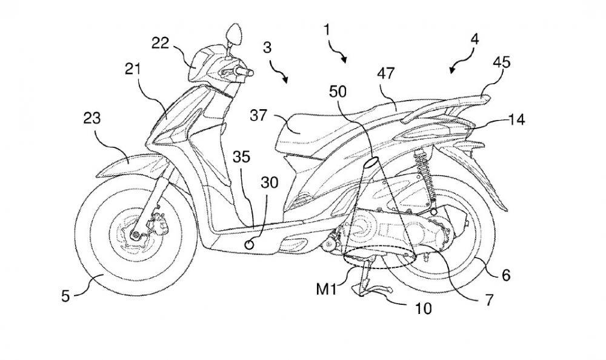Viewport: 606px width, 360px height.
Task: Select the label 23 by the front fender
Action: coord(93,120)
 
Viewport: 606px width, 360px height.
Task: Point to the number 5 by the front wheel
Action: coord(66,296)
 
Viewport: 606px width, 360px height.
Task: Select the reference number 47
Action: coord(386,73)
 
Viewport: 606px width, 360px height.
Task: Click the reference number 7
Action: coord(488,299)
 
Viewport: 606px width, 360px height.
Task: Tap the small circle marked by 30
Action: coord(248,244)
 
